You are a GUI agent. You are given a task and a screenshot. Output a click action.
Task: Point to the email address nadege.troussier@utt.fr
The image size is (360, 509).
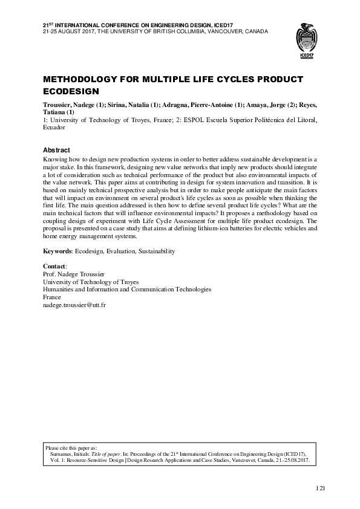[74, 306]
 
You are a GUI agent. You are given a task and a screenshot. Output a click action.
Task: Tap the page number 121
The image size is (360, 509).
[321, 487]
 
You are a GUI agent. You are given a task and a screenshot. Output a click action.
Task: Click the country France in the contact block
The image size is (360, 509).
[53, 298]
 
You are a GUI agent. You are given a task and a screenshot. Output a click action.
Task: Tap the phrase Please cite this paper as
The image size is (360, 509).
[76, 447]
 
